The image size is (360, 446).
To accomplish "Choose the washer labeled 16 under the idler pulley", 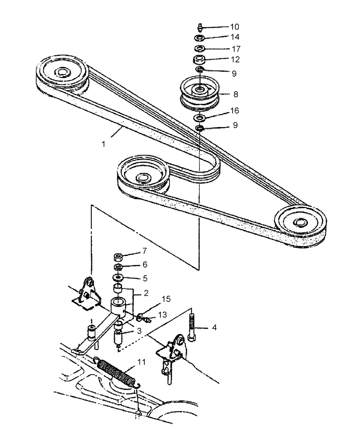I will coord(199,118).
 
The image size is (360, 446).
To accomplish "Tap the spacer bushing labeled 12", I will coord(199,59).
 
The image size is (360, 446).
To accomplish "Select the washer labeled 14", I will coord(199,37).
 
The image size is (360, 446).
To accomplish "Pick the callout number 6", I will coord(144,265).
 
